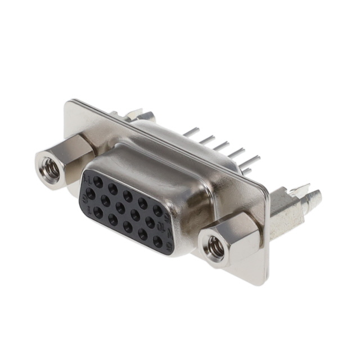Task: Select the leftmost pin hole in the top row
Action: pos(98,181)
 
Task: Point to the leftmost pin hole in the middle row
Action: pos(90,193)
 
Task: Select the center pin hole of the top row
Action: pos(128,195)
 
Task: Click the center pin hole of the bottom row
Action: pos(128,227)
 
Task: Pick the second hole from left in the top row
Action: pos(113,188)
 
